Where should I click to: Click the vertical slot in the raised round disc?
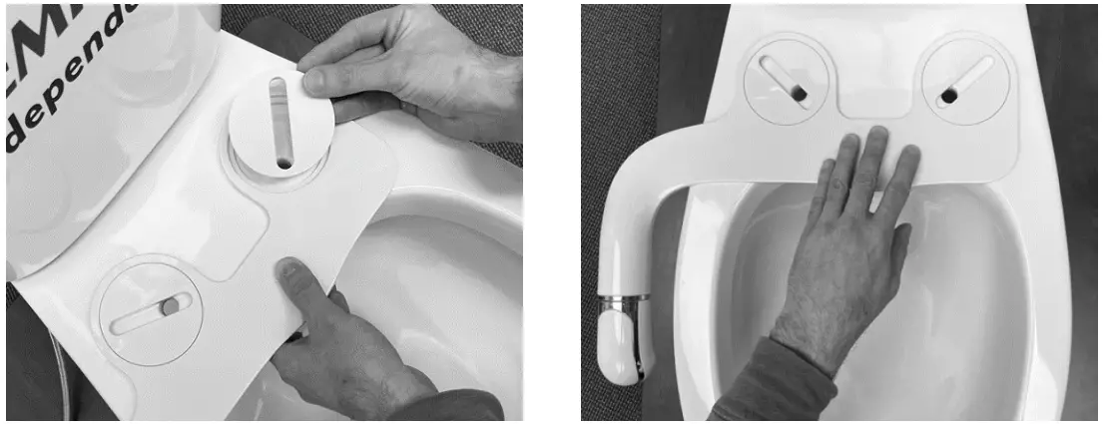tap(280, 120)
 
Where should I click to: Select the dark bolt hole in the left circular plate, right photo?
tap(800, 93)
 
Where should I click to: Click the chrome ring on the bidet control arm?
tap(623, 297)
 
